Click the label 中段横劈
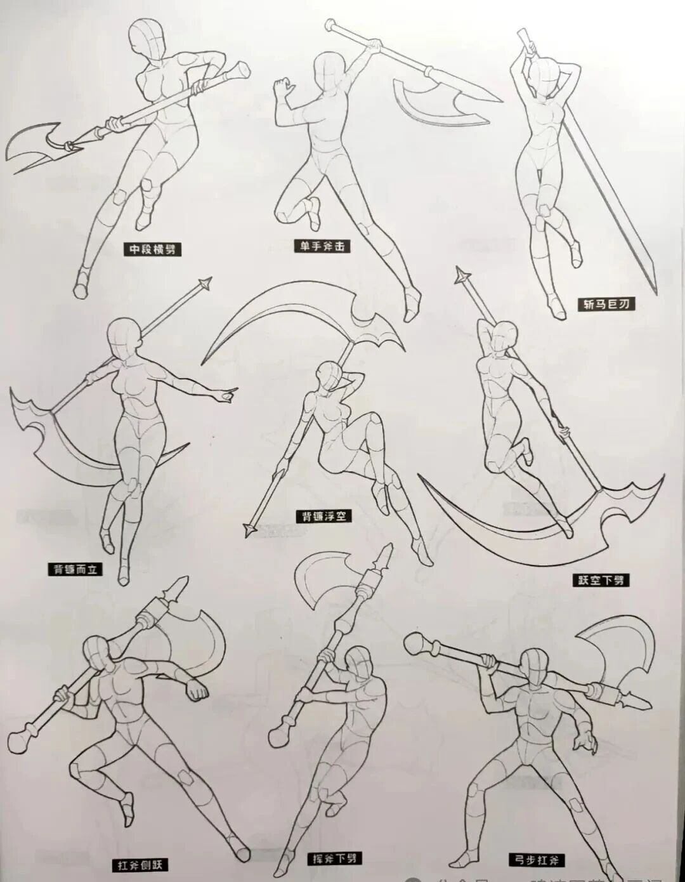[152, 249]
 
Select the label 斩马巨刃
[606, 305]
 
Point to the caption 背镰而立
[75, 569]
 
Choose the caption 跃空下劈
[599, 579]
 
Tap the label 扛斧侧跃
[140, 865]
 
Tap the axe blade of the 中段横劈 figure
[35, 146]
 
